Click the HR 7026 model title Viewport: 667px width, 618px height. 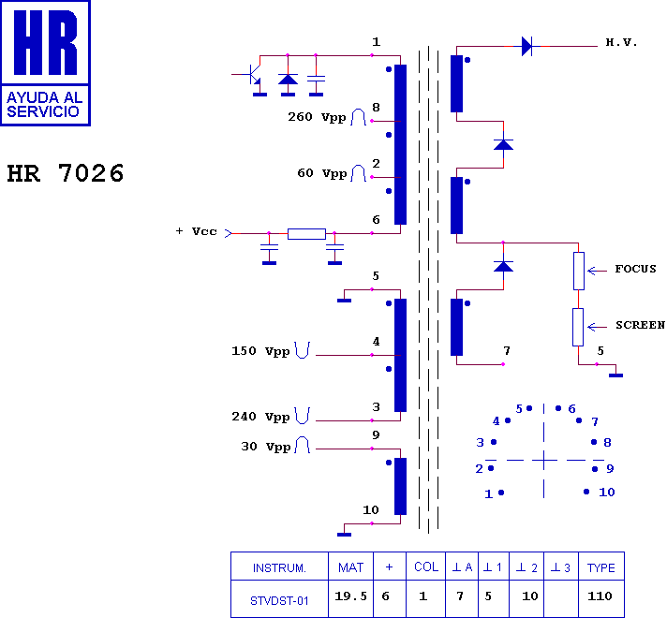(66, 173)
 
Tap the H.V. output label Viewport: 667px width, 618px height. (621, 42)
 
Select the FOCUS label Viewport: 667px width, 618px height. (635, 269)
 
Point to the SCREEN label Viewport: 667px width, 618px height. (640, 325)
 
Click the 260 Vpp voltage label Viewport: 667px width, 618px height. (317, 117)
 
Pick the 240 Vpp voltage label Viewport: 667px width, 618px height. (260, 417)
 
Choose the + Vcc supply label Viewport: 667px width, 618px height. (197, 231)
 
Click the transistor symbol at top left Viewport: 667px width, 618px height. (254, 75)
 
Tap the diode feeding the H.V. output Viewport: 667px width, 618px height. (527, 46)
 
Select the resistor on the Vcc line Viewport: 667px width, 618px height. (306, 233)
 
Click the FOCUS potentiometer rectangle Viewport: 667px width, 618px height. (579, 271)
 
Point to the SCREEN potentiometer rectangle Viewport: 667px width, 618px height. (578, 327)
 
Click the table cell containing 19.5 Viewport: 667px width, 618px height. (350, 596)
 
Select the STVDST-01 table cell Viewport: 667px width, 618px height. (279, 598)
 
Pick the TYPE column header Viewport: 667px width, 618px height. (601, 567)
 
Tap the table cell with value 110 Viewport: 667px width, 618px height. (601, 596)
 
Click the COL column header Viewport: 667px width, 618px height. (426, 566)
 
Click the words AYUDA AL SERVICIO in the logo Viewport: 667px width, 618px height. (44, 104)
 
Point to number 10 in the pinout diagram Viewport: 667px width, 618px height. (607, 493)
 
